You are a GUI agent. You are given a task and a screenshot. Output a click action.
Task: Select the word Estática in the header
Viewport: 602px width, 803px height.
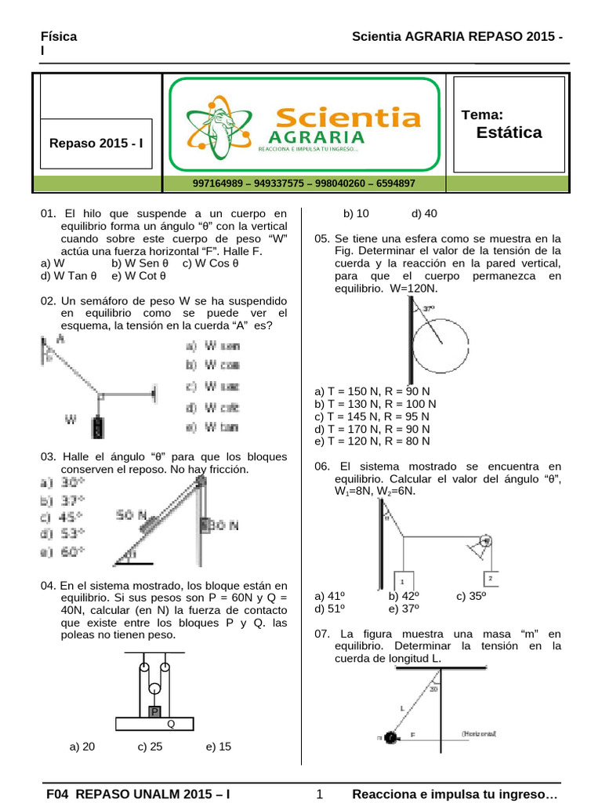509,133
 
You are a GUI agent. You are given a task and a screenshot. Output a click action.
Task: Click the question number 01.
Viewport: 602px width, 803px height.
49,213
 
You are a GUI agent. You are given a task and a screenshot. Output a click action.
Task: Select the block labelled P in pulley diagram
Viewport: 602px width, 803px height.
155,711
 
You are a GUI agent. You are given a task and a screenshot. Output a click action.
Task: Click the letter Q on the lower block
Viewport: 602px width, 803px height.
170,725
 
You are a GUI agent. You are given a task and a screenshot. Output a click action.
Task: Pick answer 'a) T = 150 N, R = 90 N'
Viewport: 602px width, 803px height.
372,391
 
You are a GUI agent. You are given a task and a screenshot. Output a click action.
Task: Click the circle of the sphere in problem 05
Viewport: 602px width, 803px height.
442,343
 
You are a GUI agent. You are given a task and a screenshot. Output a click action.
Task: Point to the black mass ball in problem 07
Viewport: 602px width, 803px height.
390,737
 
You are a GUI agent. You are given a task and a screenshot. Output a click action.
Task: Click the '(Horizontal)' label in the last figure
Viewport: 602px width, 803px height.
479,733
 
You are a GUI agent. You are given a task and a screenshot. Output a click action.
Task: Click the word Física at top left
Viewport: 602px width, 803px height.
59,37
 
